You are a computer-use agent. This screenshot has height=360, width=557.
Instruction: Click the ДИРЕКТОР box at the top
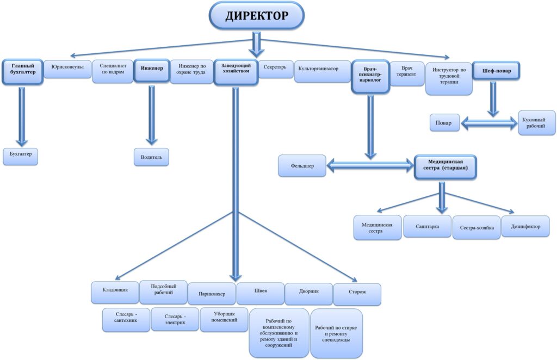pyautogui.click(x=257, y=16)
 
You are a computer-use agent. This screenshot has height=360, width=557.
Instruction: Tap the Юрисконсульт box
pyautogui.click(x=67, y=69)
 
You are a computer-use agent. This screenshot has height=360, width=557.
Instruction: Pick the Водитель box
pyautogui.click(x=151, y=157)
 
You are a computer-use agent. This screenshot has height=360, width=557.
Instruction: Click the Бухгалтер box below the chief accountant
pyautogui.click(x=21, y=155)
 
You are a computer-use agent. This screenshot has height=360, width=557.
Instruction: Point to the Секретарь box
pyautogui.click(x=275, y=69)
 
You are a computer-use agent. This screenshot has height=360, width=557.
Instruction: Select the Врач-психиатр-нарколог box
pyautogui.click(x=369, y=77)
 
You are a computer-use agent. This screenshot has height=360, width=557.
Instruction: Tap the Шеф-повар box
pyautogui.click(x=496, y=70)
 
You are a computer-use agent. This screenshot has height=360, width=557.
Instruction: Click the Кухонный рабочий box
pyautogui.click(x=536, y=122)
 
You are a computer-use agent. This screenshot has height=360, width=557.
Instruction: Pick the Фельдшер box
pyautogui.click(x=302, y=165)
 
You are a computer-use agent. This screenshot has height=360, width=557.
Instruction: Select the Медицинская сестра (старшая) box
pyautogui.click(x=445, y=166)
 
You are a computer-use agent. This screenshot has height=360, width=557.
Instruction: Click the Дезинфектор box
pyautogui.click(x=525, y=227)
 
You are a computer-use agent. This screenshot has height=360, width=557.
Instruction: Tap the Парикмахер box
pyautogui.click(x=212, y=294)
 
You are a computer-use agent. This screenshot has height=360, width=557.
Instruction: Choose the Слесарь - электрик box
pyautogui.click(x=175, y=320)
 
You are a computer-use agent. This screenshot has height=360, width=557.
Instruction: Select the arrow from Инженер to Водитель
pyautogui.click(x=151, y=115)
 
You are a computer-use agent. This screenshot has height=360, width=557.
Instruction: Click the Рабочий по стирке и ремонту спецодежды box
pyautogui.click(x=337, y=332)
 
